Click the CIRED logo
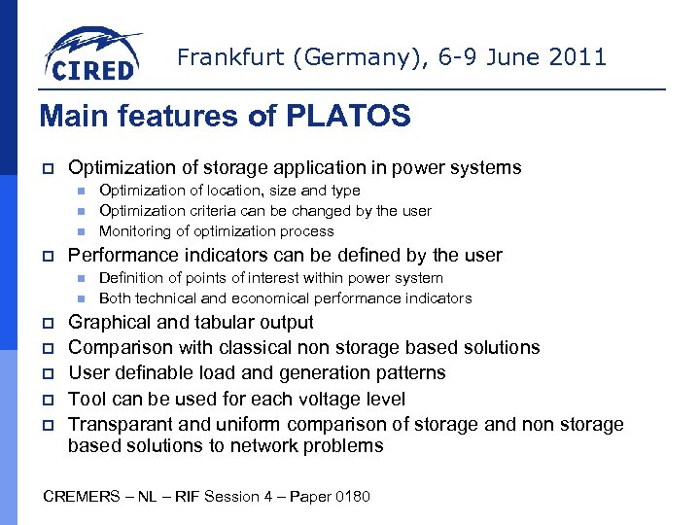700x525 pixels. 92,54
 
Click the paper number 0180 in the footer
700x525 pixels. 351,497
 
